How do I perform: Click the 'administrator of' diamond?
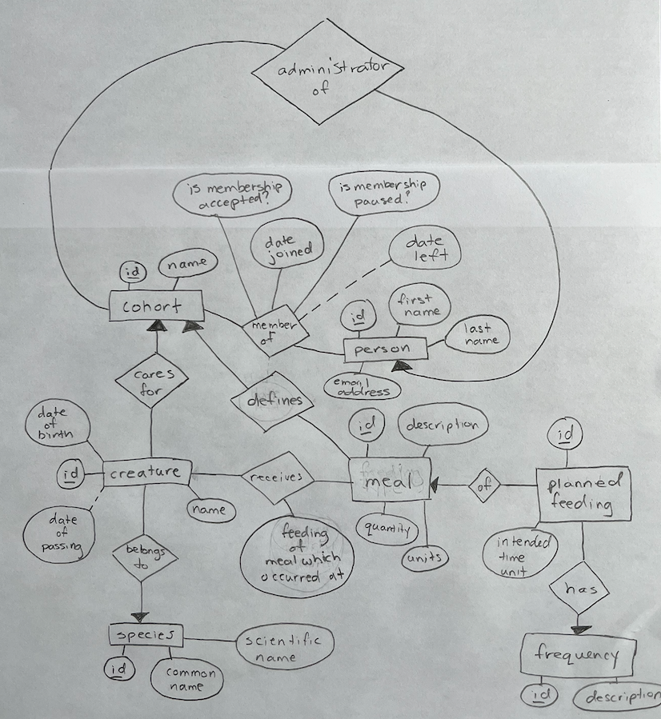coord(327,72)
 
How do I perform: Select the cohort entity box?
coord(156,306)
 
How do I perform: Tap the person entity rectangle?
coord(385,350)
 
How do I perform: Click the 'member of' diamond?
coord(274,330)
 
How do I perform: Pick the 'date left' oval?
coord(425,249)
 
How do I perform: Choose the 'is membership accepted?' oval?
coord(233,194)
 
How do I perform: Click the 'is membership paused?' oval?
coord(383,192)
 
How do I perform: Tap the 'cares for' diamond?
coord(151,381)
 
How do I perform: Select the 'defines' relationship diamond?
coord(273,401)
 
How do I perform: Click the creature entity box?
coord(146,473)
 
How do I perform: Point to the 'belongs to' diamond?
coord(144,558)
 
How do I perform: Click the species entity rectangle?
coord(146,635)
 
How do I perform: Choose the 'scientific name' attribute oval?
coord(285,649)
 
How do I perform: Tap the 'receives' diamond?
coord(278,478)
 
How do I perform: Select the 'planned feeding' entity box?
coord(583,494)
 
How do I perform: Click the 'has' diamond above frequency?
coord(579,589)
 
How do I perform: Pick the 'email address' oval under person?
coord(362,388)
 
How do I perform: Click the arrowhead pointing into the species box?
coord(140,617)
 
